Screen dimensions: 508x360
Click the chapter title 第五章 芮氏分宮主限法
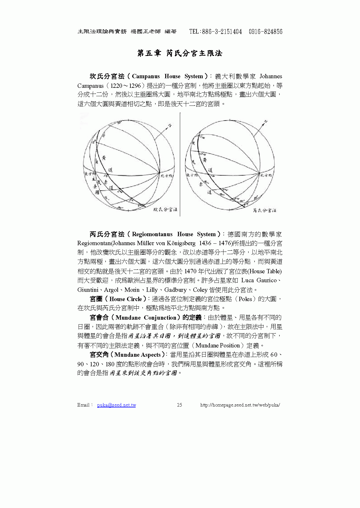(x=180, y=53)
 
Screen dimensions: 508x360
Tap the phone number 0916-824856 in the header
(x=265, y=32)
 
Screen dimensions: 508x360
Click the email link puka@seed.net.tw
(x=117, y=405)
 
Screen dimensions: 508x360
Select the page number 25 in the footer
(x=179, y=405)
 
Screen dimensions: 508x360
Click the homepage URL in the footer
(x=240, y=405)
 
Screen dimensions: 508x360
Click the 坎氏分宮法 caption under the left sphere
(x=165, y=209)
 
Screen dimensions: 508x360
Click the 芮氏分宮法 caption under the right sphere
(x=264, y=210)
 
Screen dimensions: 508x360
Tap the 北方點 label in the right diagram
(x=266, y=175)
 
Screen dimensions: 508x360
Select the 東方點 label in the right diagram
(x=192, y=175)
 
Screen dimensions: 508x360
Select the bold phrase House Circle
(x=126, y=299)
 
